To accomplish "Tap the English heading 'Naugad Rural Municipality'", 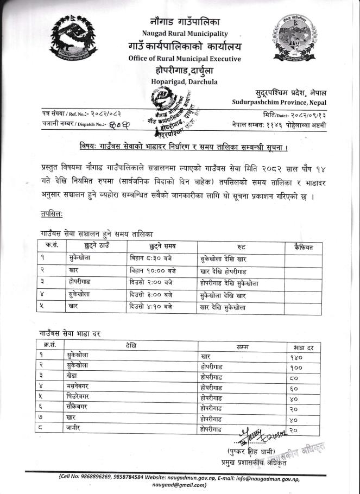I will [184, 34].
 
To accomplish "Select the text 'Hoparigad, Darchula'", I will [185, 81].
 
